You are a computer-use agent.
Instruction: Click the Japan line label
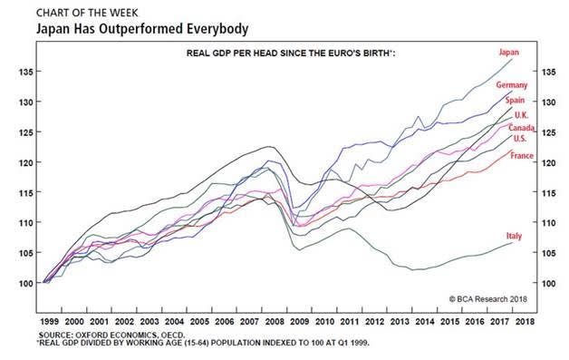point(509,53)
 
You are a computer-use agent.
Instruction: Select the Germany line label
point(512,85)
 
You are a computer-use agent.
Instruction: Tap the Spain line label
point(515,101)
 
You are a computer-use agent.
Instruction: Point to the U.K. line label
point(521,115)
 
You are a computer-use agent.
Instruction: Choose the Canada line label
point(521,128)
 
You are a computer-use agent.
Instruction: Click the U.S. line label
point(520,139)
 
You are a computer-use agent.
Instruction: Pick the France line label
point(522,156)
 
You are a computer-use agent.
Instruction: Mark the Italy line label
point(514,236)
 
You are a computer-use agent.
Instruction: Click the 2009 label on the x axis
point(299,322)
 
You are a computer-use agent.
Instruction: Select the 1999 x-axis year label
point(49,322)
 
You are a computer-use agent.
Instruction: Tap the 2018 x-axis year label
point(525,322)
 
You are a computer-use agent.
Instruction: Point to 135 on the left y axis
point(25,72)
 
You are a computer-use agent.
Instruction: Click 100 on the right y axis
point(549,283)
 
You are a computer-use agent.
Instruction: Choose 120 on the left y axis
point(25,162)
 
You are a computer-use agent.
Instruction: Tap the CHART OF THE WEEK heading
point(87,13)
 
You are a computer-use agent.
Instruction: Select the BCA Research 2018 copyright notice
point(488,299)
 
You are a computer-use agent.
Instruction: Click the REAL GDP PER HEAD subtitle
point(291,54)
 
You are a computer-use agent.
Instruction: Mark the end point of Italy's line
point(513,243)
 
